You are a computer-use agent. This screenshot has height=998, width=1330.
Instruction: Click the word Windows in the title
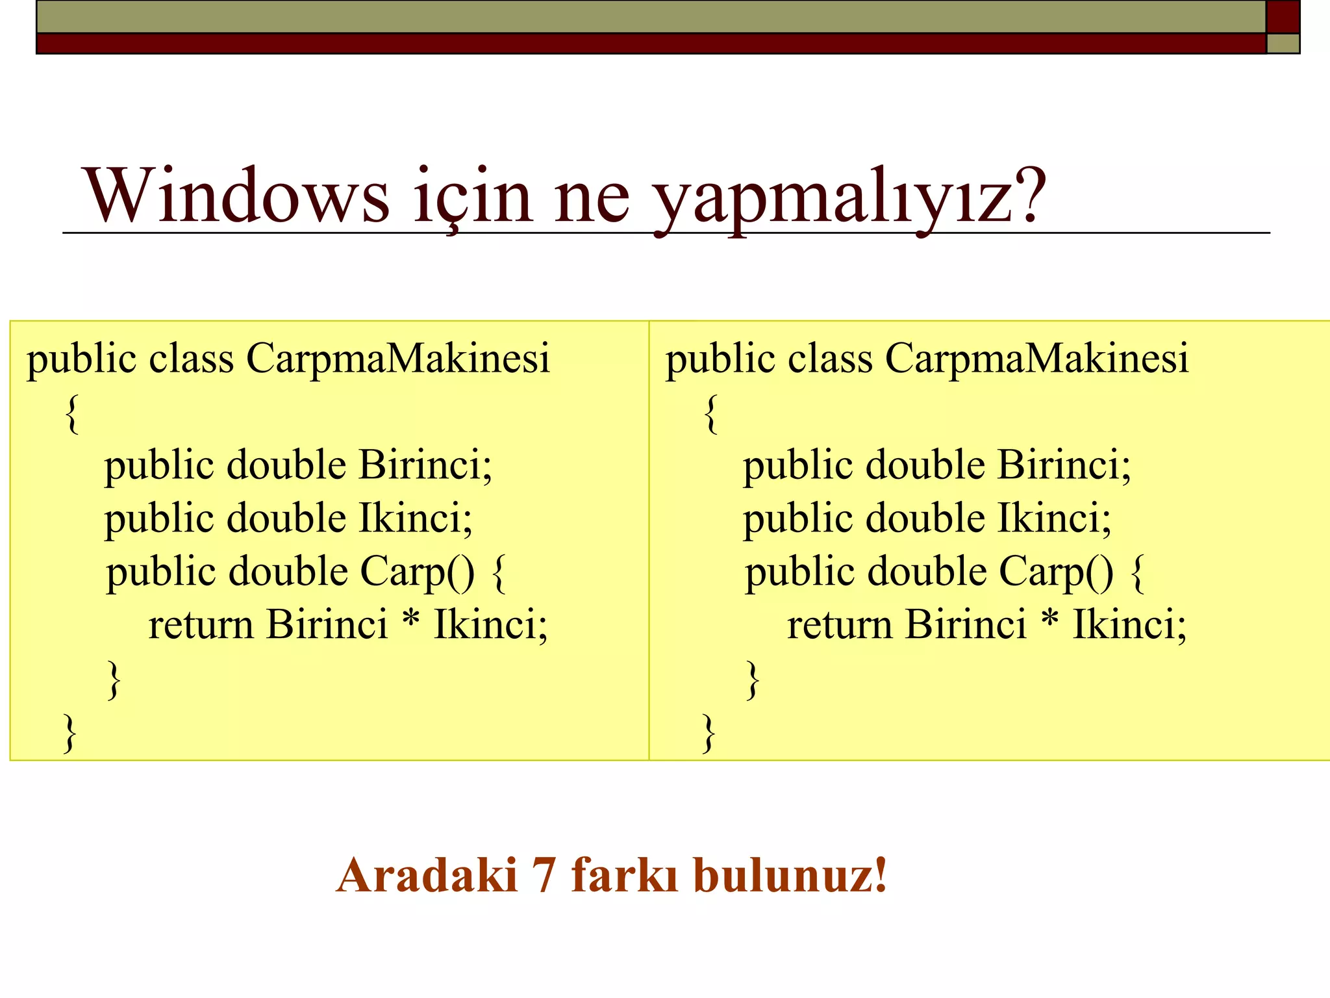point(236,196)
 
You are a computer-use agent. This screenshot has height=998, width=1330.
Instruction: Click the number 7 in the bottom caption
point(544,876)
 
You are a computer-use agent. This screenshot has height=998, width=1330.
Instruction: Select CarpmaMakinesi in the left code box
point(397,359)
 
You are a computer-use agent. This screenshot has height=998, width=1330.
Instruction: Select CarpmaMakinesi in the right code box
point(1036,359)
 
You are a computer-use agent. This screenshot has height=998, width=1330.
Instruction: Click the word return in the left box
point(201,625)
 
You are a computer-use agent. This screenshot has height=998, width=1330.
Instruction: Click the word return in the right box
point(839,625)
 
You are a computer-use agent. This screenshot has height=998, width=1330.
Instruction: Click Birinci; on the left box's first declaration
point(426,466)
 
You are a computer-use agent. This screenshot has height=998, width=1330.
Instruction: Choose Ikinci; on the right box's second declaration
point(1055,519)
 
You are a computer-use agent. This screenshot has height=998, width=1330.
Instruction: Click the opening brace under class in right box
point(711,414)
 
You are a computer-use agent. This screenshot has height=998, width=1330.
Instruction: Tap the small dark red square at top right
point(1283,16)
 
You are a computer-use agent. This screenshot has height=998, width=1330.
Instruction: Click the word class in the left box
point(191,359)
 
